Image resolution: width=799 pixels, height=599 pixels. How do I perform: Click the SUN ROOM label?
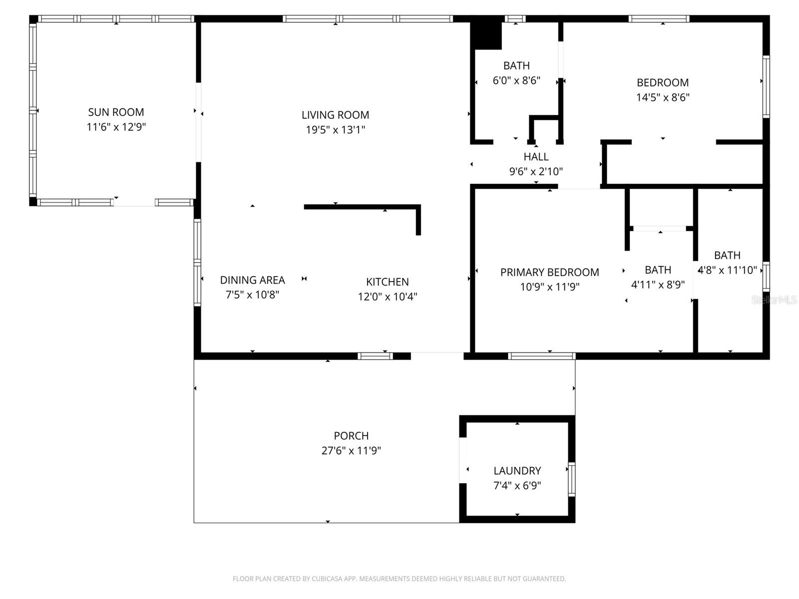point(116,112)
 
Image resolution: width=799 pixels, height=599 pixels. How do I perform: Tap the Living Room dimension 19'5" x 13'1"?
point(336,130)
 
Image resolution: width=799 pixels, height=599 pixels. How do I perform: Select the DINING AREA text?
point(252,280)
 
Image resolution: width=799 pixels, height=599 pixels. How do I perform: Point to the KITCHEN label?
point(388,282)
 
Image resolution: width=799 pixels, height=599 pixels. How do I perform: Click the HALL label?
point(536,157)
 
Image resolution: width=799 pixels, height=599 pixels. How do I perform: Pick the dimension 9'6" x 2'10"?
point(536,172)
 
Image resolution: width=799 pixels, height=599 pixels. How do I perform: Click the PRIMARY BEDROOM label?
point(549,272)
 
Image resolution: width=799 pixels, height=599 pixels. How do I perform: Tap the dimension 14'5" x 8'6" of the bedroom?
point(663,97)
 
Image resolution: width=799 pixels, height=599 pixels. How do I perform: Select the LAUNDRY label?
point(517,471)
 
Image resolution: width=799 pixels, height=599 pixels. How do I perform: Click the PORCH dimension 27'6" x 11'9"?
point(351,451)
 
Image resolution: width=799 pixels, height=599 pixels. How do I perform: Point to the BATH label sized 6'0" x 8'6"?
point(516,65)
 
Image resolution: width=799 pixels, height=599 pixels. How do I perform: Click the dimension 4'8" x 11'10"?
point(727,270)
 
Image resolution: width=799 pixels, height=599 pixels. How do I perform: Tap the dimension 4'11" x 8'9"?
point(658,285)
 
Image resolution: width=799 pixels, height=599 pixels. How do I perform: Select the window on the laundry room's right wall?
point(572,479)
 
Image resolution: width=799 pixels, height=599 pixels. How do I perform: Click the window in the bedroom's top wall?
point(659,19)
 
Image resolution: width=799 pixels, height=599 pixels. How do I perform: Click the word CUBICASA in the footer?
point(327,579)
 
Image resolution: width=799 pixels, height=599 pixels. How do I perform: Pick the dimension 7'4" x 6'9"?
point(517,486)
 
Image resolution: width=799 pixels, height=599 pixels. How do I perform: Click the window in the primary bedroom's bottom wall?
point(541,356)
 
